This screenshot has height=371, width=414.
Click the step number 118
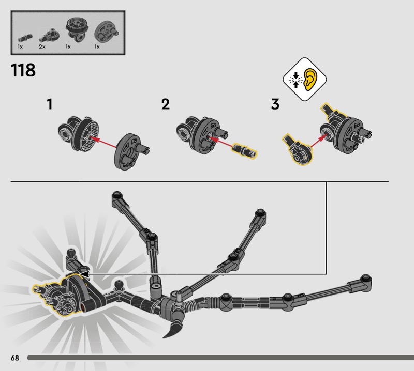23,70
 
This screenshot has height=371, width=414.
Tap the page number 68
15,358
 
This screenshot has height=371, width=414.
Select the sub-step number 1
50,104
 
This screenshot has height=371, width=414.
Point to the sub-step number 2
166,104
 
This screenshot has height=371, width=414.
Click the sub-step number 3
275,104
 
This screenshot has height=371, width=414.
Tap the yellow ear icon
311,79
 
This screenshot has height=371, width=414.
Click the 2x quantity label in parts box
42,47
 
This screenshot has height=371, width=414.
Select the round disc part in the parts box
106,33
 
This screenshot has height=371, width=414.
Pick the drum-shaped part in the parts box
76,29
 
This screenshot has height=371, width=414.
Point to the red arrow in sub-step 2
222,142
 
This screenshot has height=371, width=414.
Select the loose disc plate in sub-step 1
131,151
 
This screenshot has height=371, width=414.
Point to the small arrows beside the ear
295,79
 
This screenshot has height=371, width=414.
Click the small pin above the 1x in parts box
25,38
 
